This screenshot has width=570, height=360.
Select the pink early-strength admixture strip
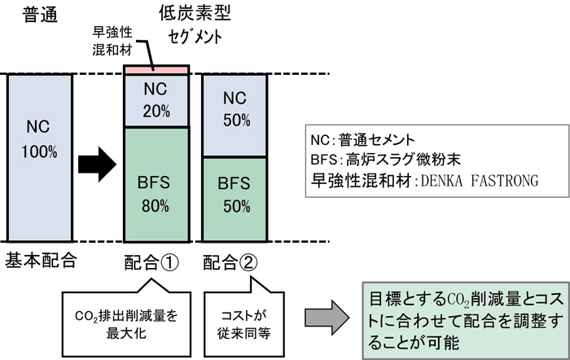[x=156, y=71]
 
